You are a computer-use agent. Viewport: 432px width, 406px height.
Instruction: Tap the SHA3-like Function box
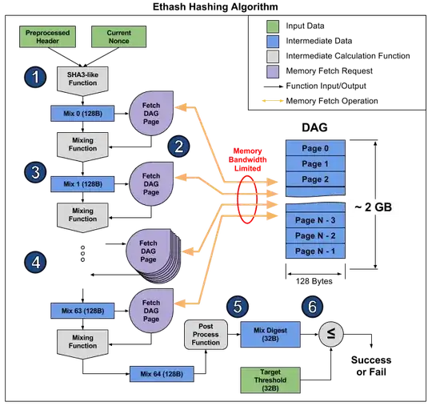click(82, 80)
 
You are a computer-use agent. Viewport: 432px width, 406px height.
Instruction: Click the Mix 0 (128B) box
click(82, 115)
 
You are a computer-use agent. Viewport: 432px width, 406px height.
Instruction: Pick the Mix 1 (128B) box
click(82, 184)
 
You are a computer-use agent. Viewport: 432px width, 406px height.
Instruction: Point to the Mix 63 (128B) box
click(82, 310)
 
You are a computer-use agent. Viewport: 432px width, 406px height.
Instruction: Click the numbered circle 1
click(34, 78)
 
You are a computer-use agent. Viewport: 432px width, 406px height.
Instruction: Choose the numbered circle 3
click(34, 171)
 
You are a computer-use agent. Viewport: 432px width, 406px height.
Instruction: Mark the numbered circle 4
click(34, 261)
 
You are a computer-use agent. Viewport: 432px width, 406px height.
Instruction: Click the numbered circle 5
click(238, 306)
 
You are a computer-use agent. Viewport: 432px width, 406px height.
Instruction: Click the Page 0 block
click(314, 149)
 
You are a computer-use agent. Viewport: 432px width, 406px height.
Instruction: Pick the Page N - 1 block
click(314, 251)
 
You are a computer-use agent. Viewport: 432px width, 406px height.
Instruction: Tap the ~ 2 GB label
click(374, 208)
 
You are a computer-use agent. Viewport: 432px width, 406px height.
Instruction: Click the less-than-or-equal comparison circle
click(329, 333)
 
